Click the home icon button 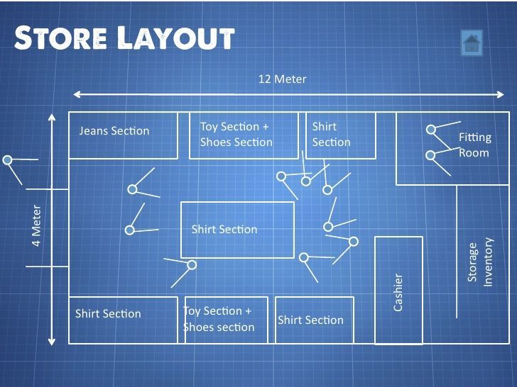tap(472, 43)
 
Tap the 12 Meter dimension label tap(283, 79)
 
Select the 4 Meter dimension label tap(37, 225)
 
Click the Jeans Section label tap(114, 130)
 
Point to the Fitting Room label tap(474, 145)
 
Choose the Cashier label tap(398, 291)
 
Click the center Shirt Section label tap(224, 229)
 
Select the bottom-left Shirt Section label tap(108, 313)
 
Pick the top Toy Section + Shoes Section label tap(236, 134)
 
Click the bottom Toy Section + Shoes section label tap(219, 319)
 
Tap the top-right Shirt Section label tap(331, 134)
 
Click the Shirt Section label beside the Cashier tap(310, 320)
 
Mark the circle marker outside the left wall tap(8, 160)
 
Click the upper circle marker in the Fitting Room tap(430, 129)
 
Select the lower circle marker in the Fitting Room tap(430, 155)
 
